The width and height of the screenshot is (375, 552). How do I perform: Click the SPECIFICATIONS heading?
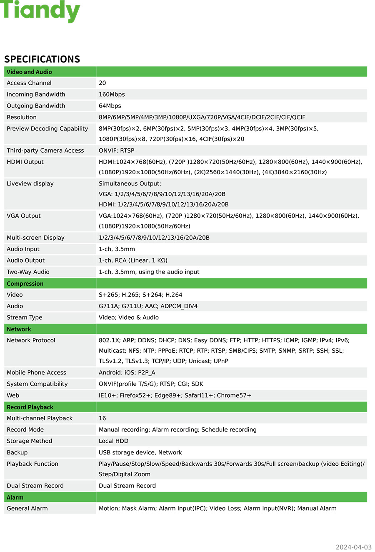pos(42,59)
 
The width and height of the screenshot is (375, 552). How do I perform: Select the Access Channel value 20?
pos(102,83)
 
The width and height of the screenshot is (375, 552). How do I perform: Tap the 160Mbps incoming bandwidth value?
pos(112,94)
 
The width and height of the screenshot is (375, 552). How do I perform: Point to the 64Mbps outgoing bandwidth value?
pos(110,106)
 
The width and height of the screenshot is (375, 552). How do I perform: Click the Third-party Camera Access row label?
pos(45,151)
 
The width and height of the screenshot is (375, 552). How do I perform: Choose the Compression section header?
pos(25,284)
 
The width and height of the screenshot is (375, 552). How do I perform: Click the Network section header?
pos(19,329)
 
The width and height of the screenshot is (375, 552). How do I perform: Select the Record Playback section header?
pos(30,407)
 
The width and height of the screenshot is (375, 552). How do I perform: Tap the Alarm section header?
pos(15,497)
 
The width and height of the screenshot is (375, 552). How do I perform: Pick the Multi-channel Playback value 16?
pos(102,418)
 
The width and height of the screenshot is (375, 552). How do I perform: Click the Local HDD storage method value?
pos(113,441)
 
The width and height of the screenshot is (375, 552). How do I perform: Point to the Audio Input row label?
pos(23,249)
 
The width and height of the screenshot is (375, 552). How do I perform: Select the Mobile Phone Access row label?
pos(36,373)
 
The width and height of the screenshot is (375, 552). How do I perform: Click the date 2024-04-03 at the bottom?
pos(353,547)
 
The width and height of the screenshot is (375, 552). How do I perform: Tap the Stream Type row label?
pos(25,317)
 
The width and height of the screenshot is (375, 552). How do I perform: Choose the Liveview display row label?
pos(30,183)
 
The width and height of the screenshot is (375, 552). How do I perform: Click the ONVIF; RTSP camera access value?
pos(116,151)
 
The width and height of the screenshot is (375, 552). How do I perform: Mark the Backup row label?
pos(17,452)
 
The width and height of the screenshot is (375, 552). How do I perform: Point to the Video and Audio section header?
pos(29,72)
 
